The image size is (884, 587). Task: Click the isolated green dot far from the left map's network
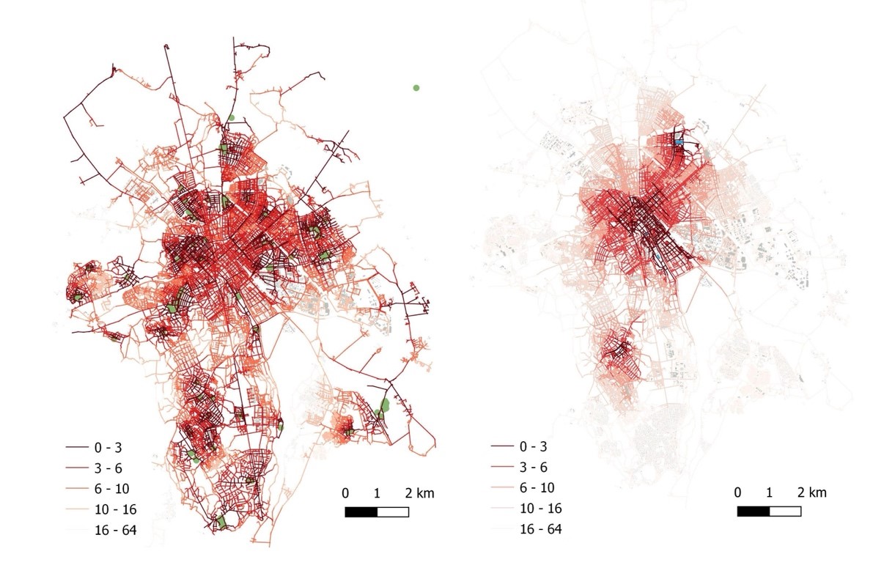tap(416, 88)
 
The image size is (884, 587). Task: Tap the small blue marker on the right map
tap(679, 141)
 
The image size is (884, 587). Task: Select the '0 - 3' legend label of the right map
tap(534, 446)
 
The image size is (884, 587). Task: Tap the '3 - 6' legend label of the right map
tap(534, 467)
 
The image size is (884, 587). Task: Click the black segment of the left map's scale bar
tap(361, 512)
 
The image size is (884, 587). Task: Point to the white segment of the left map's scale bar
tap(393, 512)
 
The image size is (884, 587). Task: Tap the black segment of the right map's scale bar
tap(753, 511)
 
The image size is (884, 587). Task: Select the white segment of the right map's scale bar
tap(785, 511)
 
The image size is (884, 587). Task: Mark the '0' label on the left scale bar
tap(345, 493)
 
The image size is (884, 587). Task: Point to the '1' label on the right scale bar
tap(769, 492)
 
